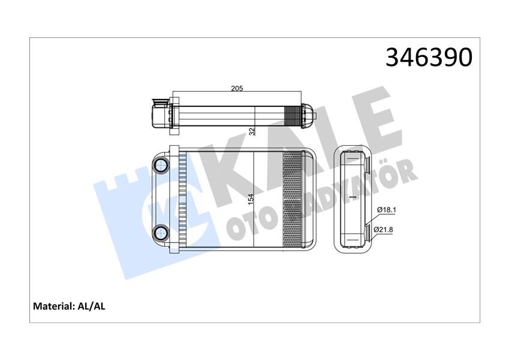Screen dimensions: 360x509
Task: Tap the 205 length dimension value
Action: (x=237, y=89)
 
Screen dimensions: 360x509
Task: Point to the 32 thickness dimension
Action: (x=252, y=130)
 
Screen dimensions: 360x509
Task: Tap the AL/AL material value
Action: (x=92, y=306)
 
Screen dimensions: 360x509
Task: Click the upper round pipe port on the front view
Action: (x=161, y=165)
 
